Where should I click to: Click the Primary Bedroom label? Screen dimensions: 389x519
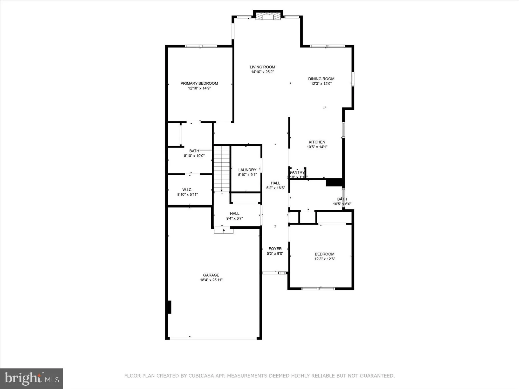[x=199, y=83]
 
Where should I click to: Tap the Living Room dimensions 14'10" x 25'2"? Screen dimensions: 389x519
[x=262, y=72]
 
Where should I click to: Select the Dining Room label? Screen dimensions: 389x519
[x=321, y=79]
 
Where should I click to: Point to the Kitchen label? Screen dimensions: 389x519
[x=317, y=142]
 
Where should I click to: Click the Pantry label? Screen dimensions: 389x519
[x=297, y=172]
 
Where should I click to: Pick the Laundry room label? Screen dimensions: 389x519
[x=247, y=170]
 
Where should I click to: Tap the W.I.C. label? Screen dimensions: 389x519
[x=187, y=190]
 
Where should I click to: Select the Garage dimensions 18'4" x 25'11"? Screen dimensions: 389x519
[x=211, y=280]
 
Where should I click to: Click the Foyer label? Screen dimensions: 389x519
[x=275, y=249]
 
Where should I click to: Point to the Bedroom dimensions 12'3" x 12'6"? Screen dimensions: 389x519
[x=325, y=259]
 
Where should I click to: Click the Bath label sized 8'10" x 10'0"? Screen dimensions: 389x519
[x=194, y=151]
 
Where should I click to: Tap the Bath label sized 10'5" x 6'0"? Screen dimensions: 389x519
[x=342, y=199]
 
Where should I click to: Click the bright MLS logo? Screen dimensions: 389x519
[x=32, y=379]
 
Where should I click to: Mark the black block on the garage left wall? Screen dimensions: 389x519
[x=169, y=307]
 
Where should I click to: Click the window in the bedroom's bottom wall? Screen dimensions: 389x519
[x=318, y=288]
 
